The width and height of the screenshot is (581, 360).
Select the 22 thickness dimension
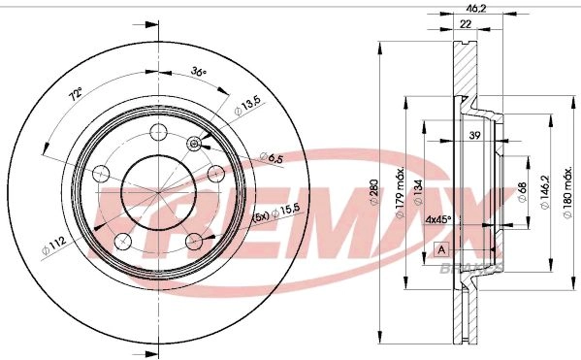(466, 24)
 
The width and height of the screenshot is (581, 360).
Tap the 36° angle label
(198, 71)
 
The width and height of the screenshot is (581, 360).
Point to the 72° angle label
(76, 94)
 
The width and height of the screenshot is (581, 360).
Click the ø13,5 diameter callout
(247, 106)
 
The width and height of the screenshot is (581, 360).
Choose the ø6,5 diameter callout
(272, 157)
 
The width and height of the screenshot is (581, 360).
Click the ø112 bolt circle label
(54, 245)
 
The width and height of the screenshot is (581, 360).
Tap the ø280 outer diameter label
(373, 192)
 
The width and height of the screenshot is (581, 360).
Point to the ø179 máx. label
(400, 193)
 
